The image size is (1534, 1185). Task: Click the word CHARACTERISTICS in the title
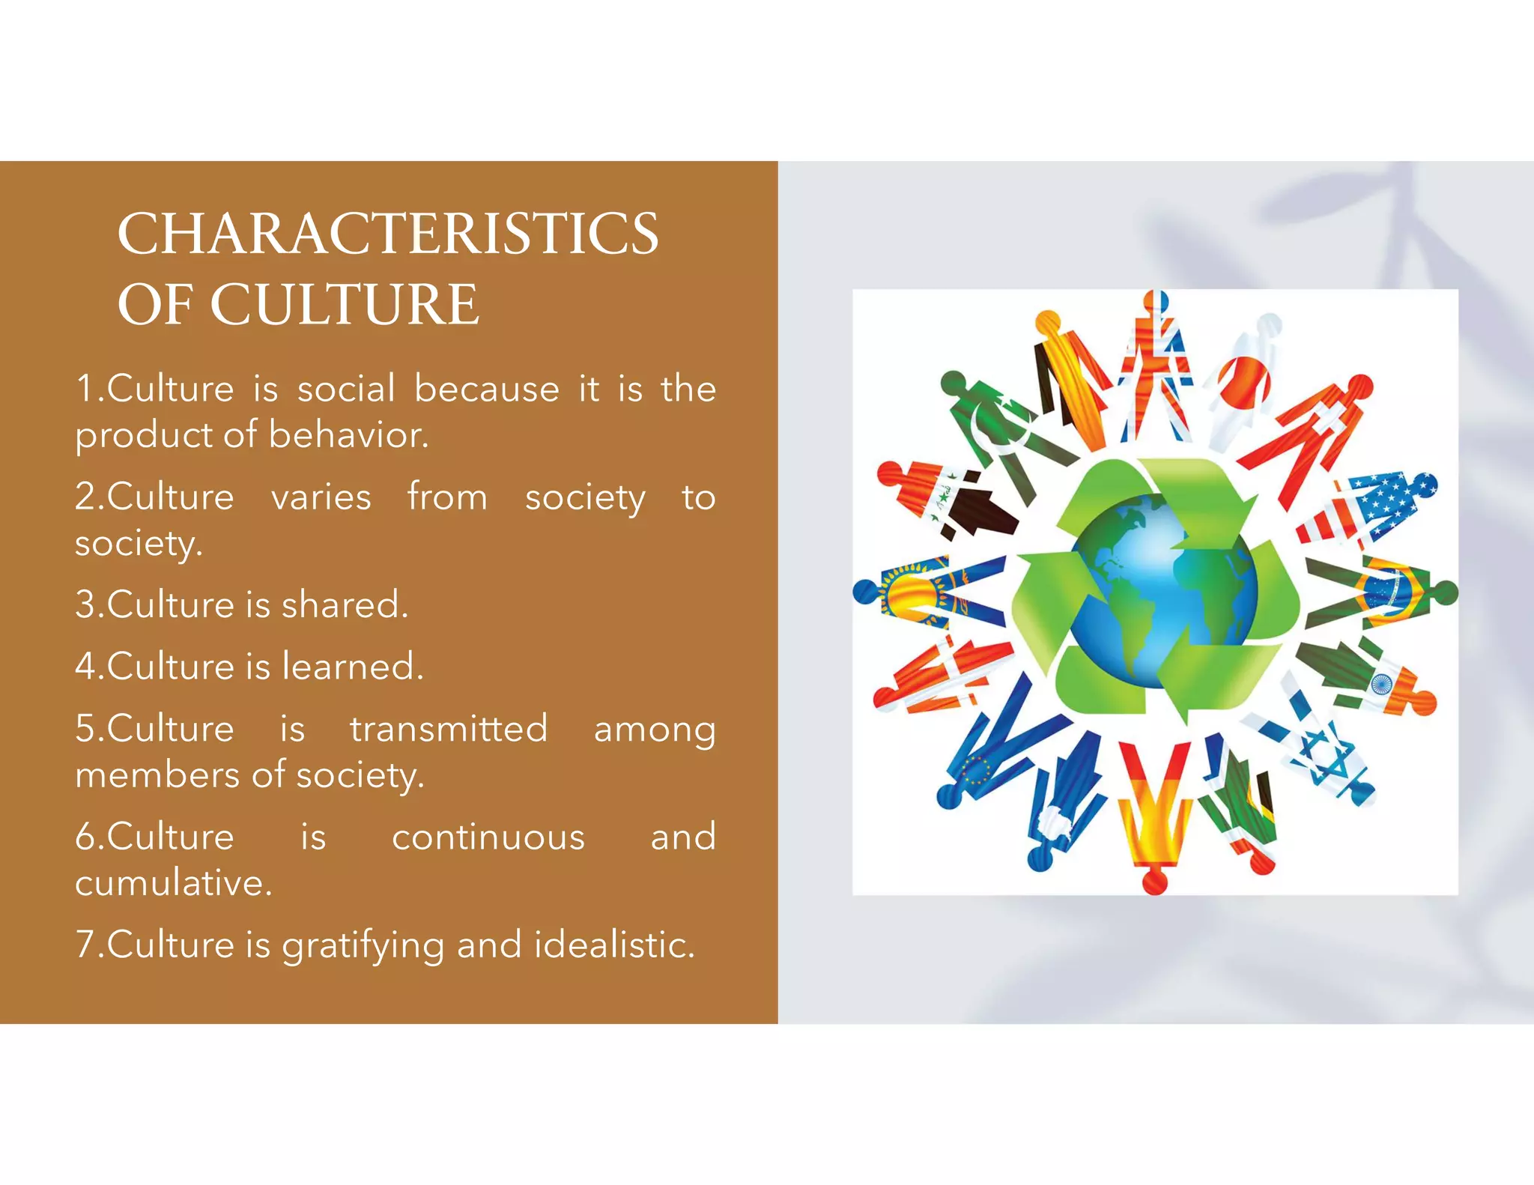[388, 234]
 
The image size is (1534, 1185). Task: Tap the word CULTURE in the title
[344, 305]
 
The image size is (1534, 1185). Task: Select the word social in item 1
[346, 389]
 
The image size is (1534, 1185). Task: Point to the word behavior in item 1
[348, 435]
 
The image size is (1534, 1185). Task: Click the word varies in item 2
[321, 497]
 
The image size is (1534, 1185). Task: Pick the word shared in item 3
[345, 604]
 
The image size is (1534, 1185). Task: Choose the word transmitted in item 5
[449, 729]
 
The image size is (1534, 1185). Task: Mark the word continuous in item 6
[488, 837]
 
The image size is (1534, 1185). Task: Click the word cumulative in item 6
[173, 883]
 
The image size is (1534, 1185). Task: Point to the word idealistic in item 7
[614, 945]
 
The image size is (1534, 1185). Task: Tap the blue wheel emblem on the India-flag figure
[1380, 684]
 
